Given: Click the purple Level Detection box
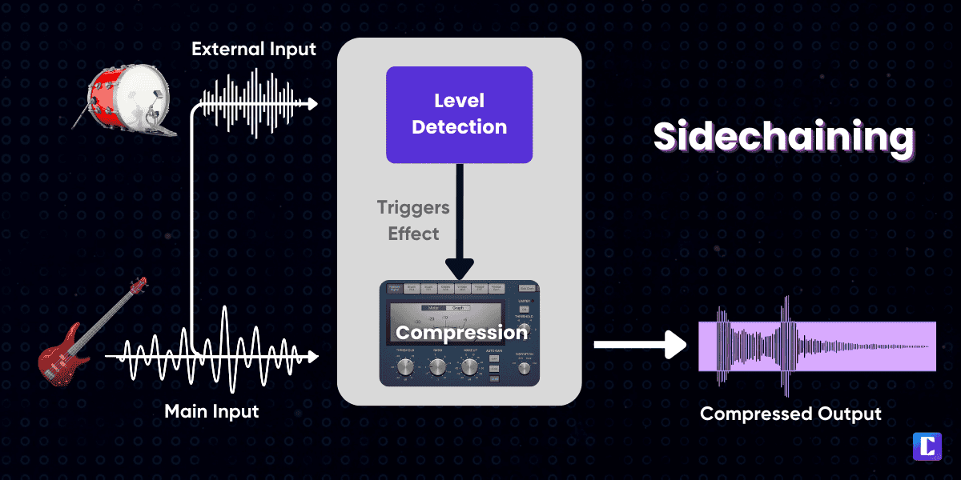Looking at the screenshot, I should [459, 114].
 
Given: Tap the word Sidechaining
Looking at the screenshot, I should [783, 137].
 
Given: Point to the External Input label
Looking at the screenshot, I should [254, 50].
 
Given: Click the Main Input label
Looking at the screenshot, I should [211, 412].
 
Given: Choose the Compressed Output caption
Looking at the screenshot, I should [790, 414].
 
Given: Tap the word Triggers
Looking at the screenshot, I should [413, 208].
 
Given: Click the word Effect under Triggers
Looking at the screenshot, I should [413, 234].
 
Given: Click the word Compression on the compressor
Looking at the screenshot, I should [462, 331].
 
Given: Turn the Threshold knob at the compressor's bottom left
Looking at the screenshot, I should [405, 367].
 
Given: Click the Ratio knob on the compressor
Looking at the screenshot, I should [437, 367].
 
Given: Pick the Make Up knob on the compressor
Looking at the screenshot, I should [469, 367].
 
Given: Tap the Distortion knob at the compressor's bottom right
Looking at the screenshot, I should [524, 368].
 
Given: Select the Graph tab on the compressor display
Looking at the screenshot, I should [459, 308].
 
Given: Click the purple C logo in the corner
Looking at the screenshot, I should [927, 446].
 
